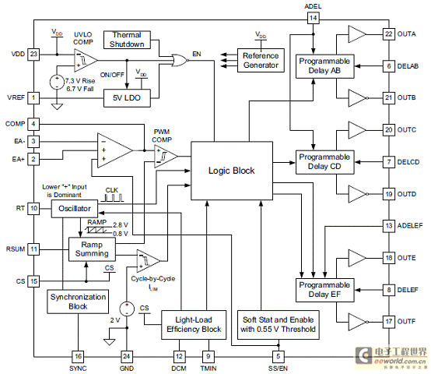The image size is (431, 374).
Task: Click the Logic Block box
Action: coord(232,171)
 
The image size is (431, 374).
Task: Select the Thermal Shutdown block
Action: coord(127,40)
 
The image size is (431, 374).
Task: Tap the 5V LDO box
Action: coord(127,98)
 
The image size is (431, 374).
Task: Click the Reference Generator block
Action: coord(261,61)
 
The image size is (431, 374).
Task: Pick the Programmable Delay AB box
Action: coord(324,66)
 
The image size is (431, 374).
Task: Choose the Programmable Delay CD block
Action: coord(324,162)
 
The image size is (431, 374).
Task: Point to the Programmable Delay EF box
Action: coord(324,290)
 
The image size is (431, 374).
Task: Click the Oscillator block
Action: coord(75,209)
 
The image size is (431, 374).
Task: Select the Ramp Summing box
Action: coord(92,249)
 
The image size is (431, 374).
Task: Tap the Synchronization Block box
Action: coord(78,302)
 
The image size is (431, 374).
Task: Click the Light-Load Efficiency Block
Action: coord(194,325)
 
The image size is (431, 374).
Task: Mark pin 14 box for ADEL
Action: coord(313,18)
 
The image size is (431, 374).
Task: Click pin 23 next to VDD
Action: coord(33,54)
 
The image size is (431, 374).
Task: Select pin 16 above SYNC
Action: coord(78,357)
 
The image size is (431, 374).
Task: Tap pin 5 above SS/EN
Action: coord(279,357)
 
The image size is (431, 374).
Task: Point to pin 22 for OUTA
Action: coord(389,34)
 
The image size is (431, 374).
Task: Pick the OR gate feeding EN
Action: coord(180,60)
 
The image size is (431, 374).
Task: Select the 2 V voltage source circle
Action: coord(127,309)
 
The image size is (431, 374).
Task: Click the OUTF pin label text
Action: coord(406,322)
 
